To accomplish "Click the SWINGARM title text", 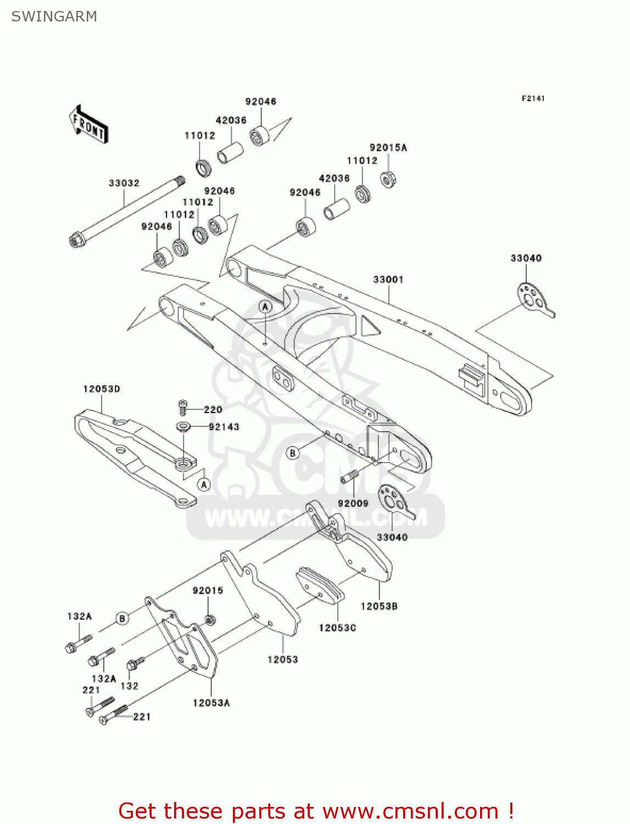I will (x=54, y=16).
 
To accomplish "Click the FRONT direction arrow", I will (x=88, y=125).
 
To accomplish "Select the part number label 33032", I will (x=124, y=183).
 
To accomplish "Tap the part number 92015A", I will (x=388, y=148).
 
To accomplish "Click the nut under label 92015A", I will (x=389, y=179).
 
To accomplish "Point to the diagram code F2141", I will (x=533, y=98).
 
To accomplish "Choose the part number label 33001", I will (x=388, y=280).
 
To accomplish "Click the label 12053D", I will (x=102, y=389).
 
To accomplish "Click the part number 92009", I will (x=353, y=503).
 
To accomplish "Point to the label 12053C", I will (x=337, y=627).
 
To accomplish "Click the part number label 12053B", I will (x=379, y=606).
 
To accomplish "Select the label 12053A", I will (x=211, y=703).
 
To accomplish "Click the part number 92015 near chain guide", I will (x=208, y=591).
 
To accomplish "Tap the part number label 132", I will (x=130, y=686).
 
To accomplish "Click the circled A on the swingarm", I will (x=266, y=307).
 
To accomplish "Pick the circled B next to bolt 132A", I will (x=122, y=619).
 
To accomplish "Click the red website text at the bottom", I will (x=316, y=811).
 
